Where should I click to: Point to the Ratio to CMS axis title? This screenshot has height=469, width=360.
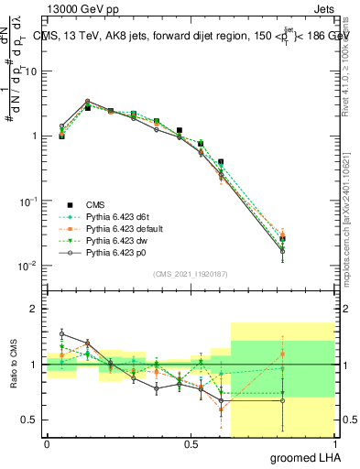click(x=13, y=365)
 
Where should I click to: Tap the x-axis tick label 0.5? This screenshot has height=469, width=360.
click(x=191, y=444)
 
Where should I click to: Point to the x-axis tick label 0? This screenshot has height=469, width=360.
click(x=47, y=444)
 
